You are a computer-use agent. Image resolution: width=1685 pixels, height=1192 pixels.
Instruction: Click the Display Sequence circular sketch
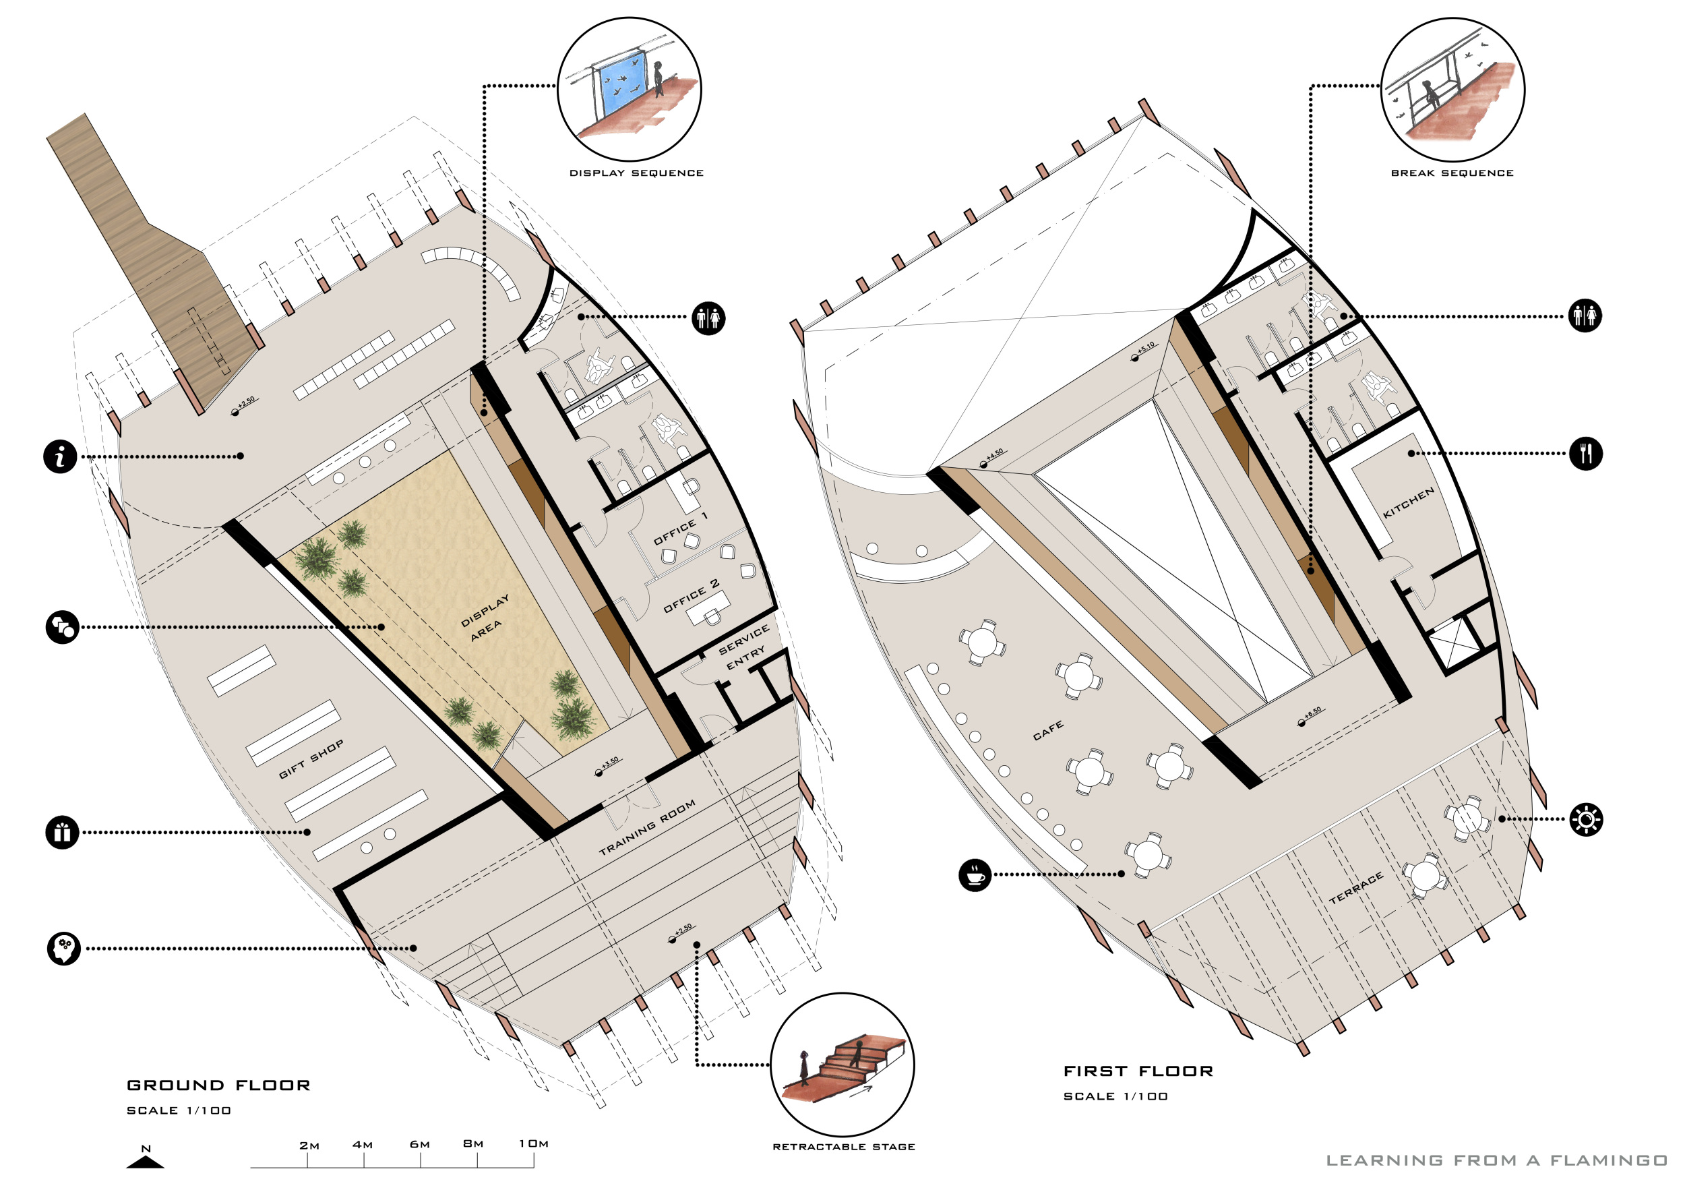coord(629,89)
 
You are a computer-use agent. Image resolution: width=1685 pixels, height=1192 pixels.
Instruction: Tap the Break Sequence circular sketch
coord(1452,89)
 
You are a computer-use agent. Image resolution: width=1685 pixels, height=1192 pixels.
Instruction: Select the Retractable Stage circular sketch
coord(842,1065)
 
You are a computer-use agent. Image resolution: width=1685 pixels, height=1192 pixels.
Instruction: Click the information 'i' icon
coord(60,456)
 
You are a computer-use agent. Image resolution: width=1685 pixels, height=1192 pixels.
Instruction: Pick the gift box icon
coord(63,833)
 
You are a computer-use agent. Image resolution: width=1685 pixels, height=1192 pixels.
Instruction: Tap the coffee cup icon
coord(975,874)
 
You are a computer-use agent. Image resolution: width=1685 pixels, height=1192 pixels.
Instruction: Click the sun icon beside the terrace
coord(1586,819)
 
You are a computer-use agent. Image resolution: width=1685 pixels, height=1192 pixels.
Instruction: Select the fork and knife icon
coord(1586,454)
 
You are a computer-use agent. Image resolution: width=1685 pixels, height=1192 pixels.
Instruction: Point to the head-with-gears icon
coord(64,949)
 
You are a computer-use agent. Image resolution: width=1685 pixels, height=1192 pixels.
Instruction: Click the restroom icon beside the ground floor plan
coord(709,318)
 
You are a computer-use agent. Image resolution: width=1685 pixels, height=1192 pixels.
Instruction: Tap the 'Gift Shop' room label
coord(311,760)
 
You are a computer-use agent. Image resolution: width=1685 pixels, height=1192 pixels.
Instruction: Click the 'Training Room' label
coord(647,828)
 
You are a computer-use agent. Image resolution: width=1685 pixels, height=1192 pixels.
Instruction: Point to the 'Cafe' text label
coord(1048,730)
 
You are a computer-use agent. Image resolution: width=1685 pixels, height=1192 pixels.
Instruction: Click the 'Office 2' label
coord(692,595)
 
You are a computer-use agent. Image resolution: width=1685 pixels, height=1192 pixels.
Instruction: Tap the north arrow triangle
coord(146,1162)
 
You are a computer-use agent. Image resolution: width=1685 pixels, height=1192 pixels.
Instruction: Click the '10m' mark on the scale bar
coord(534,1143)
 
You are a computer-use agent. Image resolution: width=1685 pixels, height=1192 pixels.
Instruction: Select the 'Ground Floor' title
coord(218,1085)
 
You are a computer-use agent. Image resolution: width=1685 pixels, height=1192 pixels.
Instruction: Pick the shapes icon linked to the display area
coord(63,627)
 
